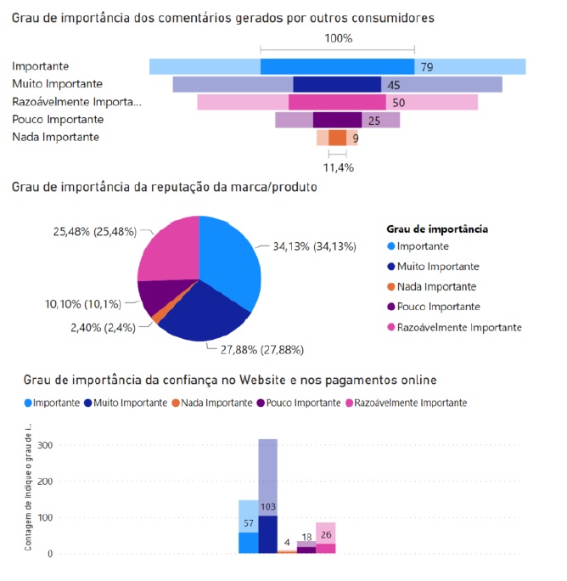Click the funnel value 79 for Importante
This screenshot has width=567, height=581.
(426, 67)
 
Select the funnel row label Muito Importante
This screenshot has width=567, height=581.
(58, 84)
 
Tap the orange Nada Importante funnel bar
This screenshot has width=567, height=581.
(338, 138)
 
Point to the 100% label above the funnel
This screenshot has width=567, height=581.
(338, 38)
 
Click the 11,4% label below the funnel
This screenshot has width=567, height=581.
(338, 167)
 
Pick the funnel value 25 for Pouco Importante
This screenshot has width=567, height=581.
(373, 121)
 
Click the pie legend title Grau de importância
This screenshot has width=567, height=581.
(436, 228)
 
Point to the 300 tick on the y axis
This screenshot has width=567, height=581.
(44, 445)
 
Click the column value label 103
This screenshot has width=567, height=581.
(268, 507)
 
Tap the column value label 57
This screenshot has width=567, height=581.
(248, 524)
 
